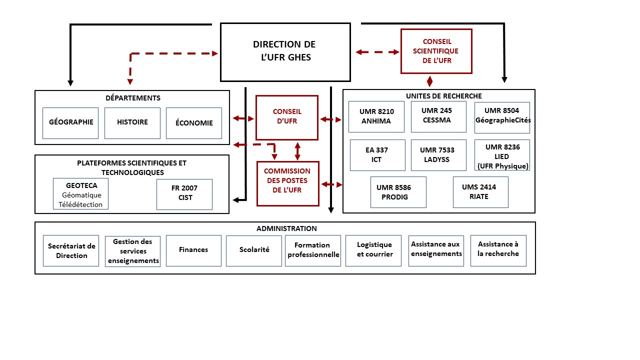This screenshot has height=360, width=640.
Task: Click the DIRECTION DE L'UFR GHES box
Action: click(285, 51)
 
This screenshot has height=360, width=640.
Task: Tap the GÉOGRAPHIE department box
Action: click(71, 122)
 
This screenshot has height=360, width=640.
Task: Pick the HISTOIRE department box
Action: click(132, 122)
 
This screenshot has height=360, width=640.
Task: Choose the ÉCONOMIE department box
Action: click(194, 123)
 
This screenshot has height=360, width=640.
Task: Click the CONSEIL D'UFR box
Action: click(287, 117)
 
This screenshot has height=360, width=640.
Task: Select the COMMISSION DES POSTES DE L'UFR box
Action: click(287, 183)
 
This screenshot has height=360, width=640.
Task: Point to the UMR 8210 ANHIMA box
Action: click(376, 116)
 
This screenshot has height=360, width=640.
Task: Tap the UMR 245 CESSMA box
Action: click(438, 116)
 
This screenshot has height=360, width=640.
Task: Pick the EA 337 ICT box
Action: click(376, 155)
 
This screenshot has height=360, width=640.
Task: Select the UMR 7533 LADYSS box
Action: click(438, 155)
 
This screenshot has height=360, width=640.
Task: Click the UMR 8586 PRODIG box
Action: click(398, 192)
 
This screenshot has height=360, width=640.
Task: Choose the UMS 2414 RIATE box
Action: click(480, 192)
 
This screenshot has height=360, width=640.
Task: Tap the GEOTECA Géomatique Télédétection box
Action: click(80, 194)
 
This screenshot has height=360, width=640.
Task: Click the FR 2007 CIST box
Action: click(184, 194)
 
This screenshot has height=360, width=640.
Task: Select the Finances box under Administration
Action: click(193, 250)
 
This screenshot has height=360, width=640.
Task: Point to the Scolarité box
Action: click(254, 250)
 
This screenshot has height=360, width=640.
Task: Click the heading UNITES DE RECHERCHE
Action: click(437, 96)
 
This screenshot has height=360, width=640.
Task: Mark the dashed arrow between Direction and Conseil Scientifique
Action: click(377, 51)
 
